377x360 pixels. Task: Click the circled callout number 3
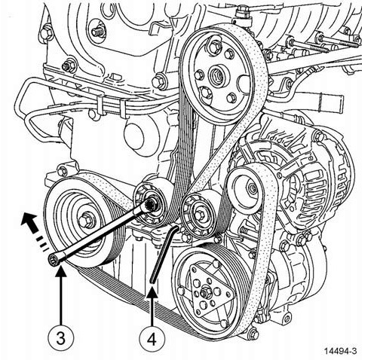pyautogui.click(x=60, y=337)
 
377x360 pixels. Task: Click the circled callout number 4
pyautogui.click(x=152, y=340)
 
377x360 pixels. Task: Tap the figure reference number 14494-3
pyautogui.click(x=340, y=351)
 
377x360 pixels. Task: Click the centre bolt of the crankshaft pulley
pyautogui.click(x=87, y=221)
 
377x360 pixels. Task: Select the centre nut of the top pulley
pyautogui.click(x=216, y=75)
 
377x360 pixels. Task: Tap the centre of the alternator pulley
pyautogui.click(x=251, y=187)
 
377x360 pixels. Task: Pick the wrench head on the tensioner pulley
pyautogui.click(x=152, y=204)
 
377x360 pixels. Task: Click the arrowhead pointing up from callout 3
pyautogui.click(x=60, y=272)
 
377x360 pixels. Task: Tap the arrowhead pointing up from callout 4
pyautogui.click(x=152, y=292)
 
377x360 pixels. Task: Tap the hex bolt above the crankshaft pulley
pyautogui.click(x=63, y=172)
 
